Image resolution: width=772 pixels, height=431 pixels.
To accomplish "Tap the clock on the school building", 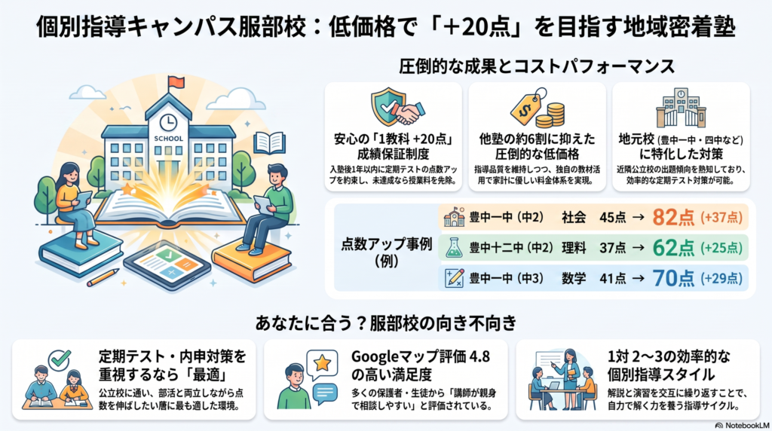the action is (x=168, y=121).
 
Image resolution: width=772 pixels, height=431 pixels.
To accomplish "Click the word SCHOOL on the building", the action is (x=168, y=138).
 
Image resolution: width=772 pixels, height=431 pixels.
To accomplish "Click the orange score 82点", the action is (x=673, y=217).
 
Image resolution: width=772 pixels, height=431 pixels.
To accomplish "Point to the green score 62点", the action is (x=673, y=247).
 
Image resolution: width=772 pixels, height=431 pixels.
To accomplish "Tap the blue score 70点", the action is (x=673, y=278).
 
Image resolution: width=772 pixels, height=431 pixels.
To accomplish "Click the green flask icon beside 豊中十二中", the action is (x=454, y=247).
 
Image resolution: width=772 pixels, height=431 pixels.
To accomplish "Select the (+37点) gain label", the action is (x=721, y=217).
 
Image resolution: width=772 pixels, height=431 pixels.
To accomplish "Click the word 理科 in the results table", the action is (x=574, y=247).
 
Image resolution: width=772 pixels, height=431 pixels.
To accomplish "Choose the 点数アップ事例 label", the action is (x=386, y=244).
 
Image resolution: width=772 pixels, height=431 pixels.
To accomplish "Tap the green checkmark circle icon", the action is (x=60, y=360).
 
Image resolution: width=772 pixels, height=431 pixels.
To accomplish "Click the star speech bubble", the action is (x=322, y=365).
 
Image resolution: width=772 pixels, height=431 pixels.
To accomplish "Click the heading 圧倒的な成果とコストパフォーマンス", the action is (x=537, y=66).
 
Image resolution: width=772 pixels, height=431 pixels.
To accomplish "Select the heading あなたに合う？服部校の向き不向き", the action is (x=386, y=323).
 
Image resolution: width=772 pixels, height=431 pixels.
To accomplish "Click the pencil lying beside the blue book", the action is (x=103, y=277).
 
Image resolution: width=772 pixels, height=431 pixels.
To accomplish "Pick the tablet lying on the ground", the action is (x=167, y=264).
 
